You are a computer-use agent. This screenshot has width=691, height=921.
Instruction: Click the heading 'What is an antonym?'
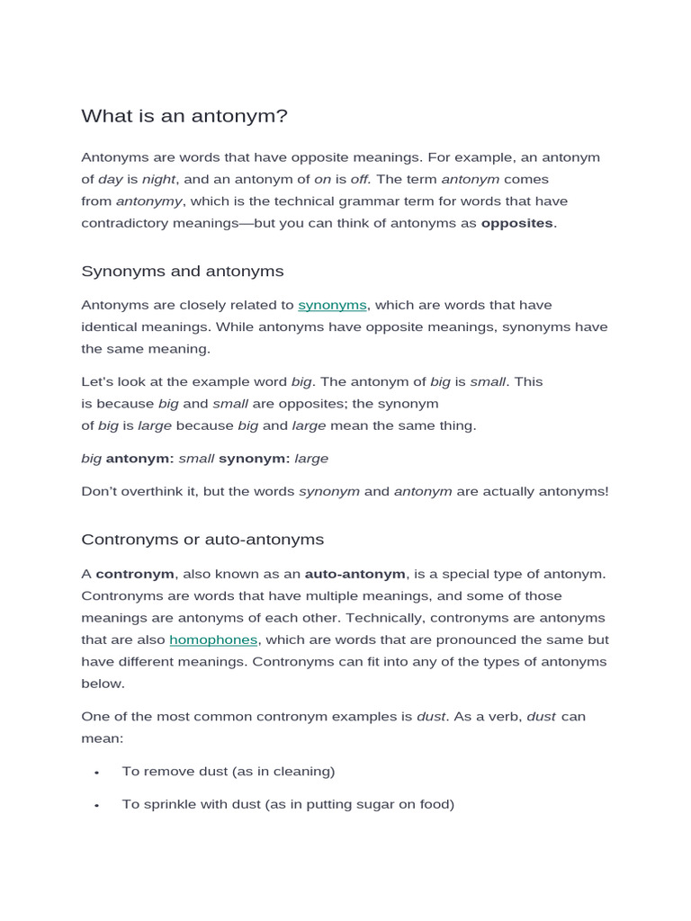pos(184,116)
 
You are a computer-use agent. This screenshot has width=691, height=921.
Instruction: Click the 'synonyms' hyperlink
pos(333,305)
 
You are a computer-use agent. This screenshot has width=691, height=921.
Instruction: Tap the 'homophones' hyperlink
pos(213,639)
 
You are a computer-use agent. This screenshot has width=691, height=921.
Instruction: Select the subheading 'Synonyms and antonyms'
pos(183,271)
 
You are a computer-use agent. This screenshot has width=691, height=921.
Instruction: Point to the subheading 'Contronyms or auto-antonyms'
pos(202,540)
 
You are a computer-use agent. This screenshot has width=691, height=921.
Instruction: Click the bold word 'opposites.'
pos(519,223)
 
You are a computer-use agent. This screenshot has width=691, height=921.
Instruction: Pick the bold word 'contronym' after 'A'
pos(135,574)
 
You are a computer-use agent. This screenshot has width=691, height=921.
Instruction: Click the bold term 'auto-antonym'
pos(355,574)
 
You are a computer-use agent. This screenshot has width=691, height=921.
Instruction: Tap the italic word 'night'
pos(159,179)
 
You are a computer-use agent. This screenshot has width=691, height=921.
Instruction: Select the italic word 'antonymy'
pos(149,201)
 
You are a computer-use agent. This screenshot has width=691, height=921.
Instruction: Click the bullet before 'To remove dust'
pos(96,773)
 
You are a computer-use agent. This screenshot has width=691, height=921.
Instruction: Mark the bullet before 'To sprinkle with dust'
pos(96,806)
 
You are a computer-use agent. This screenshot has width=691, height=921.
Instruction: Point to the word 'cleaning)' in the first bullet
pos(307,771)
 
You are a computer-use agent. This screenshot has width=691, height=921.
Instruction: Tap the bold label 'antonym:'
pos(140,459)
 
